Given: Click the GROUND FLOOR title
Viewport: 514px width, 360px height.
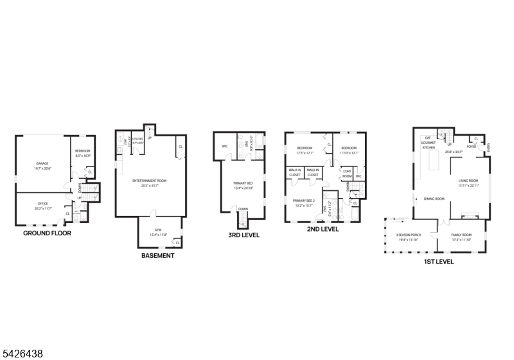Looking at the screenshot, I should point(47,233).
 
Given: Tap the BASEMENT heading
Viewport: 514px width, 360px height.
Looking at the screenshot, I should point(157,255).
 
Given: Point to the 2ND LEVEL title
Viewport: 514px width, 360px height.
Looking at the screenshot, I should point(323,229).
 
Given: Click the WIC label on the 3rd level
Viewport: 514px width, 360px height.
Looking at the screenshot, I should point(225,147).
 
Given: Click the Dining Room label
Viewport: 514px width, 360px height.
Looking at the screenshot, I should point(434,199).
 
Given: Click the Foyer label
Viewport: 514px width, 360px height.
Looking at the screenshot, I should point(471,147).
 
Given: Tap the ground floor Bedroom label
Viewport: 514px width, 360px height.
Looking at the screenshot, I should point(82,153).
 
